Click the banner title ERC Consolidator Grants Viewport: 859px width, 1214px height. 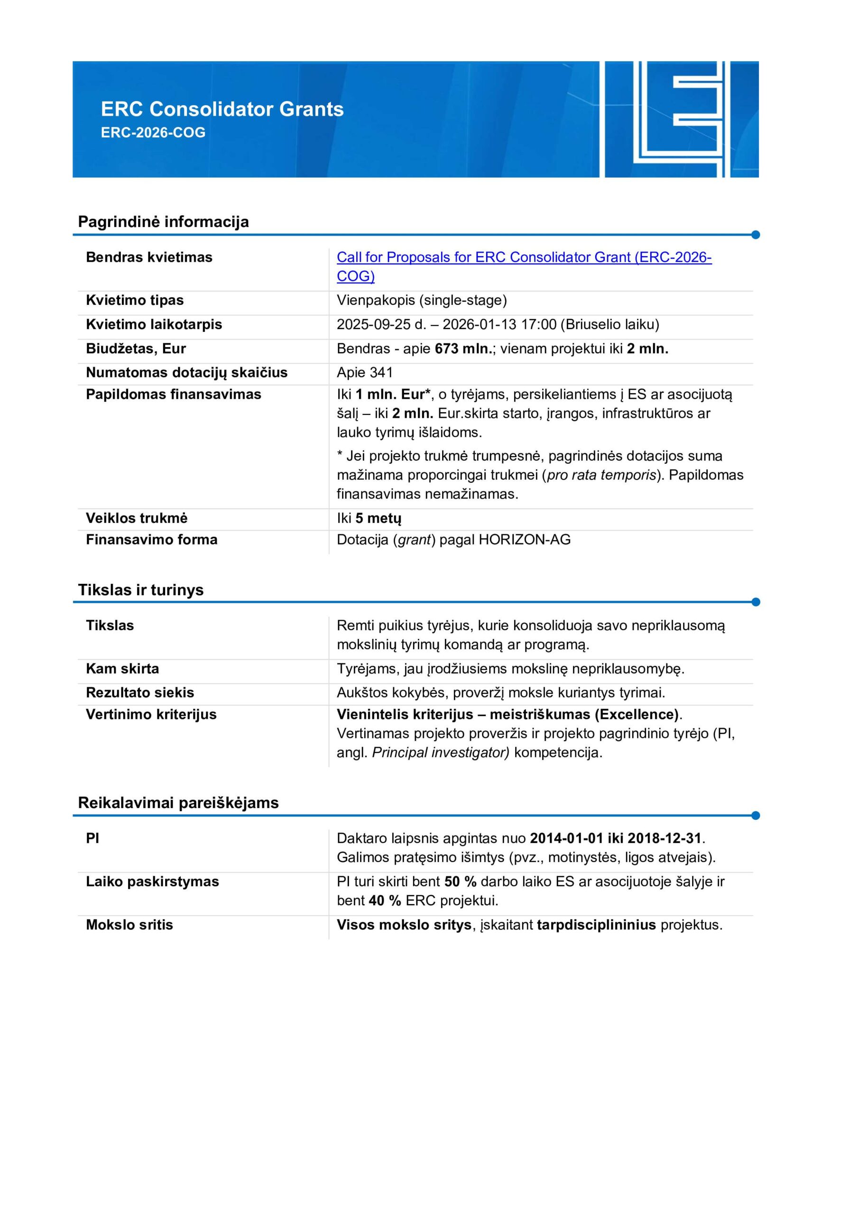pyautogui.click(x=222, y=109)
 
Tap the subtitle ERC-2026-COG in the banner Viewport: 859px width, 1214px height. pyautogui.click(x=153, y=133)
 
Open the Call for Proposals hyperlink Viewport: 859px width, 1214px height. pyautogui.click(x=524, y=258)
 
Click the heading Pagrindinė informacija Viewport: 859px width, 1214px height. pyautogui.click(x=164, y=221)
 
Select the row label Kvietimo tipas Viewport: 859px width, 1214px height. pyautogui.click(x=134, y=300)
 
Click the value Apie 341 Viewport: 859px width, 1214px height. pyautogui.click(x=364, y=373)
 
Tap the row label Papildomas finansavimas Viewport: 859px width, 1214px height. pyautogui.click(x=173, y=395)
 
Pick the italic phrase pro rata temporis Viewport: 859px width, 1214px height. pyautogui.click(x=601, y=475)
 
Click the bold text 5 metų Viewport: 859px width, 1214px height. pyautogui.click(x=378, y=518)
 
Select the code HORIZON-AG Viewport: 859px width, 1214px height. pyautogui.click(x=524, y=540)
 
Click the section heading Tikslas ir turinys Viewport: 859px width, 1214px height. pyautogui.click(x=141, y=589)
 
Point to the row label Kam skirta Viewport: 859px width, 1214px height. pyautogui.click(x=122, y=668)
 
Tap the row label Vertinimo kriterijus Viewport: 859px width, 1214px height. pyautogui.click(x=151, y=714)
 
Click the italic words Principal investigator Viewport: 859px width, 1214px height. pyautogui.click(x=440, y=753)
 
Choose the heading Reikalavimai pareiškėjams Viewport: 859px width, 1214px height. pyautogui.click(x=178, y=803)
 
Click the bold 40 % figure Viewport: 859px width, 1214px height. pyautogui.click(x=385, y=901)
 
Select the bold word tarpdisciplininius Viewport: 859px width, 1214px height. pyautogui.click(x=596, y=925)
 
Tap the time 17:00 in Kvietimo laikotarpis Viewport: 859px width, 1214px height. pyautogui.click(x=537, y=325)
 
